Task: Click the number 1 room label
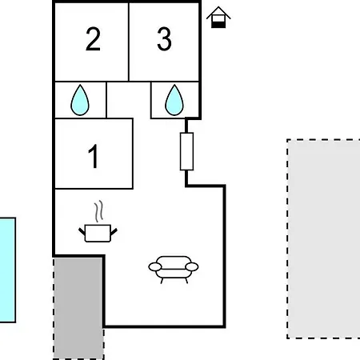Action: (93, 156)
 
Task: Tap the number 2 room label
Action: (93, 39)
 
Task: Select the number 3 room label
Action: (164, 39)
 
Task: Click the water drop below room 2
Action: (80, 100)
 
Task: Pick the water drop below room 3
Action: (174, 100)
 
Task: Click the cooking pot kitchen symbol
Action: (98, 233)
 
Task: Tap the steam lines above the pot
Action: (98, 211)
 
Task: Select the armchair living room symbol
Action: (174, 270)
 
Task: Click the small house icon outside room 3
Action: (218, 17)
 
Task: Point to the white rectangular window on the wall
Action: (186, 151)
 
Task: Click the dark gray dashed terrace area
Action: (78, 308)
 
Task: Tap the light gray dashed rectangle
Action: (323, 238)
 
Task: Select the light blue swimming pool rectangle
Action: (8, 270)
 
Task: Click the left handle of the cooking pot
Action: (82, 231)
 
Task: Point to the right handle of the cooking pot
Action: (114, 232)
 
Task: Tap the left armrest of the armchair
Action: (155, 266)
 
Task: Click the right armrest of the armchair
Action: (192, 266)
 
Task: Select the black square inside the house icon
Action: (218, 25)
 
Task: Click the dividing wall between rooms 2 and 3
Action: (129, 42)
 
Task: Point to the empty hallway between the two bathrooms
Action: (129, 100)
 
